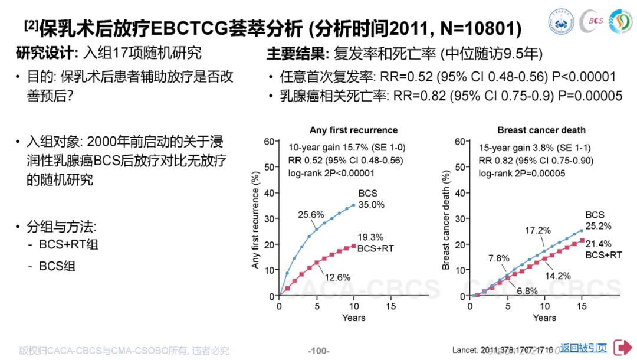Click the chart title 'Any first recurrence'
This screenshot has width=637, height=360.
[353, 130]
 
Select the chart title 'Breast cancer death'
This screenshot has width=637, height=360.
[541, 130]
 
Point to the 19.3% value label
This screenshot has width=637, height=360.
[370, 236]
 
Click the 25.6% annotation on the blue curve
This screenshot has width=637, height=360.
[311, 214]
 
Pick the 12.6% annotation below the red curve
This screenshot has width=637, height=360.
[338, 277]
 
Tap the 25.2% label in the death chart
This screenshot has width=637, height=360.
[598, 226]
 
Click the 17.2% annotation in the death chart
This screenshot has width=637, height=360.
[538, 230]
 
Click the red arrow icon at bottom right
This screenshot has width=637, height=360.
[623, 348]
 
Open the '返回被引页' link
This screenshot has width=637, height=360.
[583, 348]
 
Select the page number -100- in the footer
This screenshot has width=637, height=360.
[318, 351]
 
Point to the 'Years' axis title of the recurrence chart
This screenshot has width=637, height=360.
[353, 318]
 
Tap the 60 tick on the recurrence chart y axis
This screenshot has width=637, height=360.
[270, 141]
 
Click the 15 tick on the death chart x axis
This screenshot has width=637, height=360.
[582, 307]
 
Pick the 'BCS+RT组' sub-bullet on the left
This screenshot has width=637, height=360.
[69, 244]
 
